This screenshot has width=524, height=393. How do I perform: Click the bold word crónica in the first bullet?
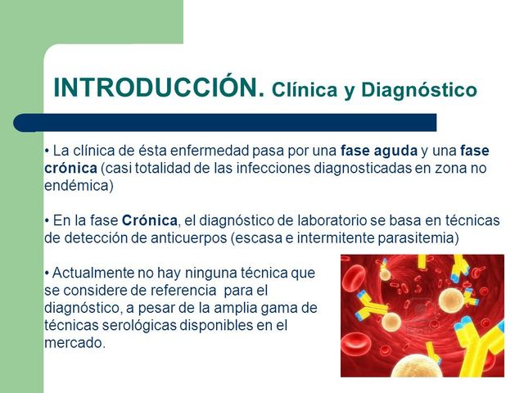(x=70, y=169)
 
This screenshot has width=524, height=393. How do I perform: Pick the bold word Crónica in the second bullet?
(x=149, y=221)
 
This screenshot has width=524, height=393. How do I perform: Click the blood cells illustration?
(x=422, y=315)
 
